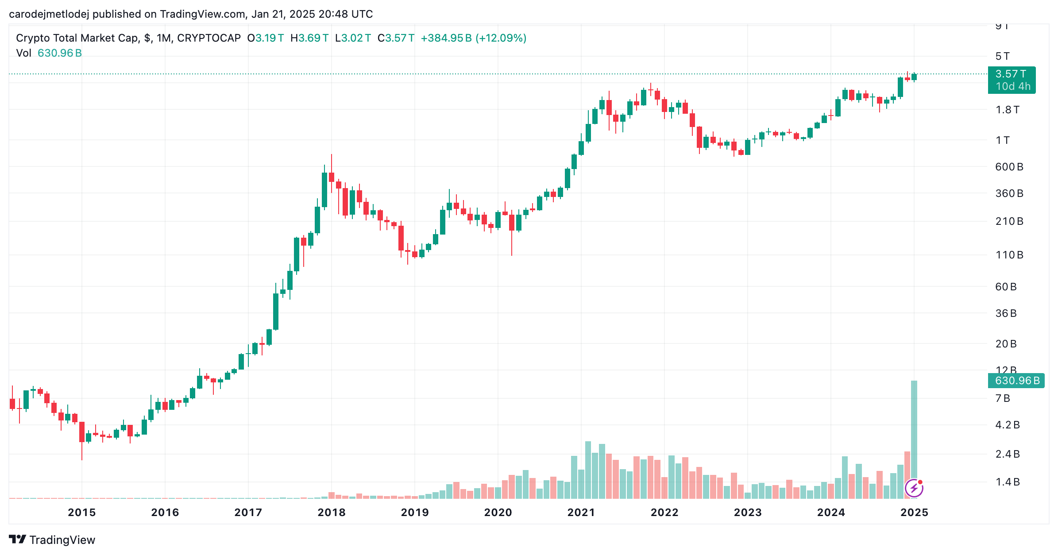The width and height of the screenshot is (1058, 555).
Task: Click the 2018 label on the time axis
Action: pos(332,513)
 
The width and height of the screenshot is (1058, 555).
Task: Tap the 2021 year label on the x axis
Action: pos(581,513)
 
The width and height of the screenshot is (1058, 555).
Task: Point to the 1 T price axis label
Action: pos(1003,140)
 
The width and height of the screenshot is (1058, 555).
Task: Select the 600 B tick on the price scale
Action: pos(1009,167)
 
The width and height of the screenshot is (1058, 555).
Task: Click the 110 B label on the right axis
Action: pos(1009,255)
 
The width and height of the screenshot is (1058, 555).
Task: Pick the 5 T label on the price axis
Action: pos(1003,56)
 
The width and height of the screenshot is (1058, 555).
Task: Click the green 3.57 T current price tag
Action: pos(1012,80)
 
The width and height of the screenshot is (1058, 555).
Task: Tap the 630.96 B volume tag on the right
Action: pos(1016,381)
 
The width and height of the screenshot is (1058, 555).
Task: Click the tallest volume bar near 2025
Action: pos(914,439)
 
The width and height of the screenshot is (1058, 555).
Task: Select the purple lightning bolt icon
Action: pos(914,488)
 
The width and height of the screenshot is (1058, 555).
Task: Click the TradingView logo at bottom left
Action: pos(52,540)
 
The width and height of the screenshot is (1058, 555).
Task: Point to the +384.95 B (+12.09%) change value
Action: pos(474,38)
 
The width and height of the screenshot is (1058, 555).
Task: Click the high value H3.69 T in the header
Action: pos(309,38)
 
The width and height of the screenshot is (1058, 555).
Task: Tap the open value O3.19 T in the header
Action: pos(266,38)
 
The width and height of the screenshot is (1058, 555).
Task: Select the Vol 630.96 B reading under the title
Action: pos(49,53)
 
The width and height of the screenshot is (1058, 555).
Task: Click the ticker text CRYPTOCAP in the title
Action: pos(209,38)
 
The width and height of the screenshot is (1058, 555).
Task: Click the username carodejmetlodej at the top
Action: pos(49,14)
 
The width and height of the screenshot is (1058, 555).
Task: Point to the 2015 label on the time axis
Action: pos(82,513)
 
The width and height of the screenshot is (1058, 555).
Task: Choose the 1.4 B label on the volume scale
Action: pos(1008,482)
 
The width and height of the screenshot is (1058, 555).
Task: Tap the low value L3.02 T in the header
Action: pos(353,38)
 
